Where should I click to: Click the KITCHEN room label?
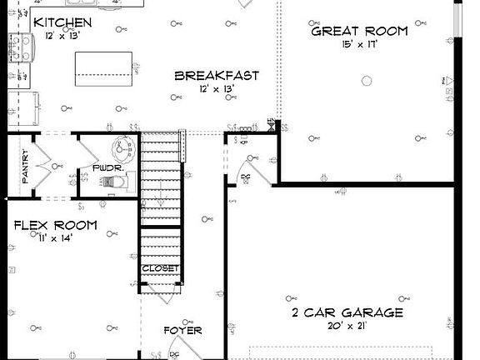(62, 22)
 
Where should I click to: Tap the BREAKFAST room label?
(216, 76)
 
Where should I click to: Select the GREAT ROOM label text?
(359, 32)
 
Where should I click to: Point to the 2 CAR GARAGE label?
(347, 313)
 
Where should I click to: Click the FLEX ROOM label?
(55, 226)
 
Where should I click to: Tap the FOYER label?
(182, 330)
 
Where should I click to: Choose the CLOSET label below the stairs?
(159, 268)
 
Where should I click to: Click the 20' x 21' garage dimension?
(347, 327)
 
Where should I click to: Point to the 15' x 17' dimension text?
(359, 46)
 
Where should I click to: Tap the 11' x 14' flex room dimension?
(54, 238)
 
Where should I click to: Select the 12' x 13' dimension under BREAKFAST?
(216, 89)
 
